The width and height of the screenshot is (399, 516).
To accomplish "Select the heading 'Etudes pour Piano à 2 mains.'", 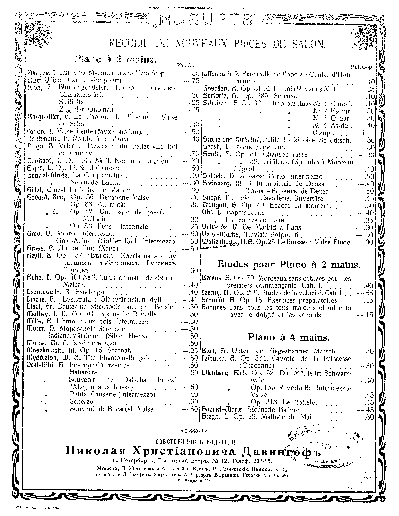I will (288, 265).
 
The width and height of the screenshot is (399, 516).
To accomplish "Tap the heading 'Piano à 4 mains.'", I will (289, 337).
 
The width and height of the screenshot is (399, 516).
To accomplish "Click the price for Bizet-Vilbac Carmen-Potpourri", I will (194, 81).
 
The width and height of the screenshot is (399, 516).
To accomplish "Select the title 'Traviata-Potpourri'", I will (262, 235).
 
